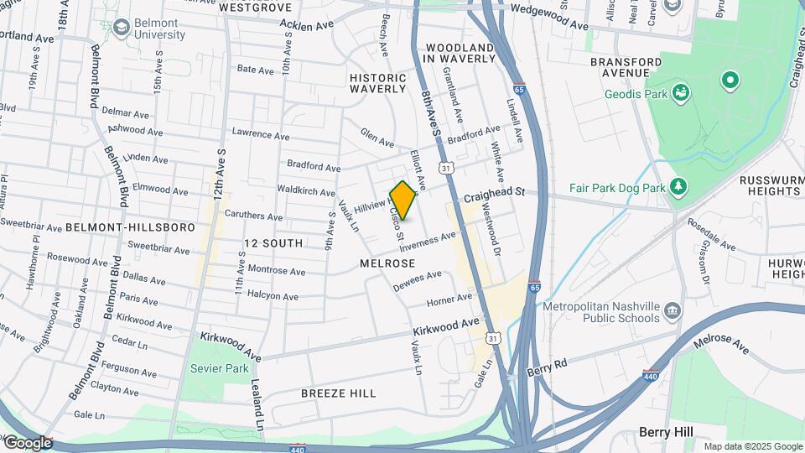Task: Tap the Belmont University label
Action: click(159, 29)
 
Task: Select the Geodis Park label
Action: click(636, 94)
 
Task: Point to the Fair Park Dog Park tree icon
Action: click(678, 186)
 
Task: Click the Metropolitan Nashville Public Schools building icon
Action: click(673, 313)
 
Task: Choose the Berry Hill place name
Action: click(666, 431)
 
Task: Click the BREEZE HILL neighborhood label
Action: click(338, 393)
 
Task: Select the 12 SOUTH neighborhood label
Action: click(273, 243)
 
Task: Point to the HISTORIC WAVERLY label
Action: click(377, 82)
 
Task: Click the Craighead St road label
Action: click(495, 194)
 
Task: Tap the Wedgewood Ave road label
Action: click(549, 18)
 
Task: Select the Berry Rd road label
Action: click(548, 366)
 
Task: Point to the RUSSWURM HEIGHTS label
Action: click(771, 187)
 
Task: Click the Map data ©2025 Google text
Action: click(753, 446)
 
